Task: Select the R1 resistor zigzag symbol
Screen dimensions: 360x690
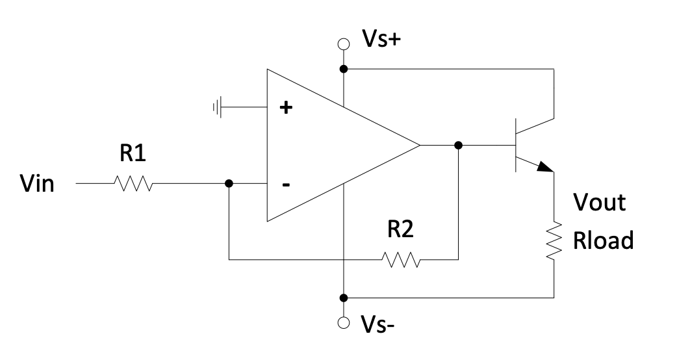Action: [x=133, y=184]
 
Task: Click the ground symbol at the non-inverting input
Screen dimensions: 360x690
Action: [x=218, y=107]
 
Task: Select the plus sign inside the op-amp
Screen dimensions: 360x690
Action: [x=285, y=108]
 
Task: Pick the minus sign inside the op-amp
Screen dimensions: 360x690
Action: [x=285, y=185]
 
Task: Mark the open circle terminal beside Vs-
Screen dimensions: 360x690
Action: [x=344, y=322]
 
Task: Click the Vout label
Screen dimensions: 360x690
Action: [x=598, y=202]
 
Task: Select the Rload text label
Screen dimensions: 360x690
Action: [x=602, y=241]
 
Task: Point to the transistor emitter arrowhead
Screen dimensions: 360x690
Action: [x=544, y=167]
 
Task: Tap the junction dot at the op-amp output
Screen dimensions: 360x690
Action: [x=459, y=145]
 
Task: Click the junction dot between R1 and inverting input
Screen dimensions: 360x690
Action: [x=229, y=184]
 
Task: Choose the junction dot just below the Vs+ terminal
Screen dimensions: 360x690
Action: [x=344, y=68]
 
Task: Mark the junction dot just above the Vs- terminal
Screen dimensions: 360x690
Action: [x=344, y=298]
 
